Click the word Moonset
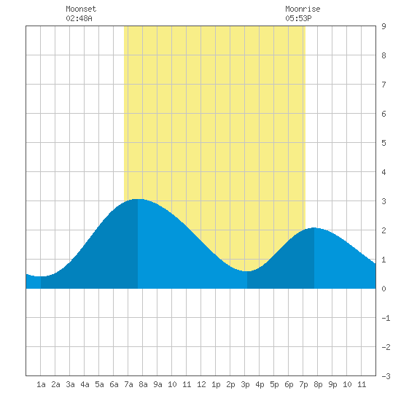pos(81,9)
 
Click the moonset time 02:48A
pos(79,18)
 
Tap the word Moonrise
pos(303,9)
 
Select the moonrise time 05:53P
pos(298,18)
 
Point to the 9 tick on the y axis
pos(384,26)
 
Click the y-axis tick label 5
pos(384,143)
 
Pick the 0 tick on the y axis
pos(384,289)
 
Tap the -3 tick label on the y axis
pos(386,376)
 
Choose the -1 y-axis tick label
pos(386,318)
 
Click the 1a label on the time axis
pos(41,384)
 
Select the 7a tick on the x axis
pos(128,384)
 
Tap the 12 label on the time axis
pos(201,384)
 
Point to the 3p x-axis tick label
pos(245,384)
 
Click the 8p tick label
pos(318,384)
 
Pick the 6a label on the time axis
pos(114,384)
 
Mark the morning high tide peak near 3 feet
pos(138,199)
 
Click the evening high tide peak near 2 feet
pos(314,228)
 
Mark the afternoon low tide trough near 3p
pos(246,271)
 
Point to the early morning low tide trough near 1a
pos(41,276)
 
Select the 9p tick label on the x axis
pos(332,384)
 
